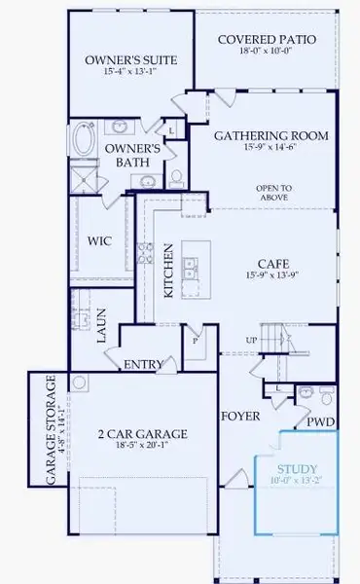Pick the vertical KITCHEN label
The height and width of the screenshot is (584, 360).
[x=167, y=271]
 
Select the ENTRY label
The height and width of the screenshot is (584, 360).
[x=143, y=365]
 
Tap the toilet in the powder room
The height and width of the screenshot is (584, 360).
[x=327, y=398]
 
